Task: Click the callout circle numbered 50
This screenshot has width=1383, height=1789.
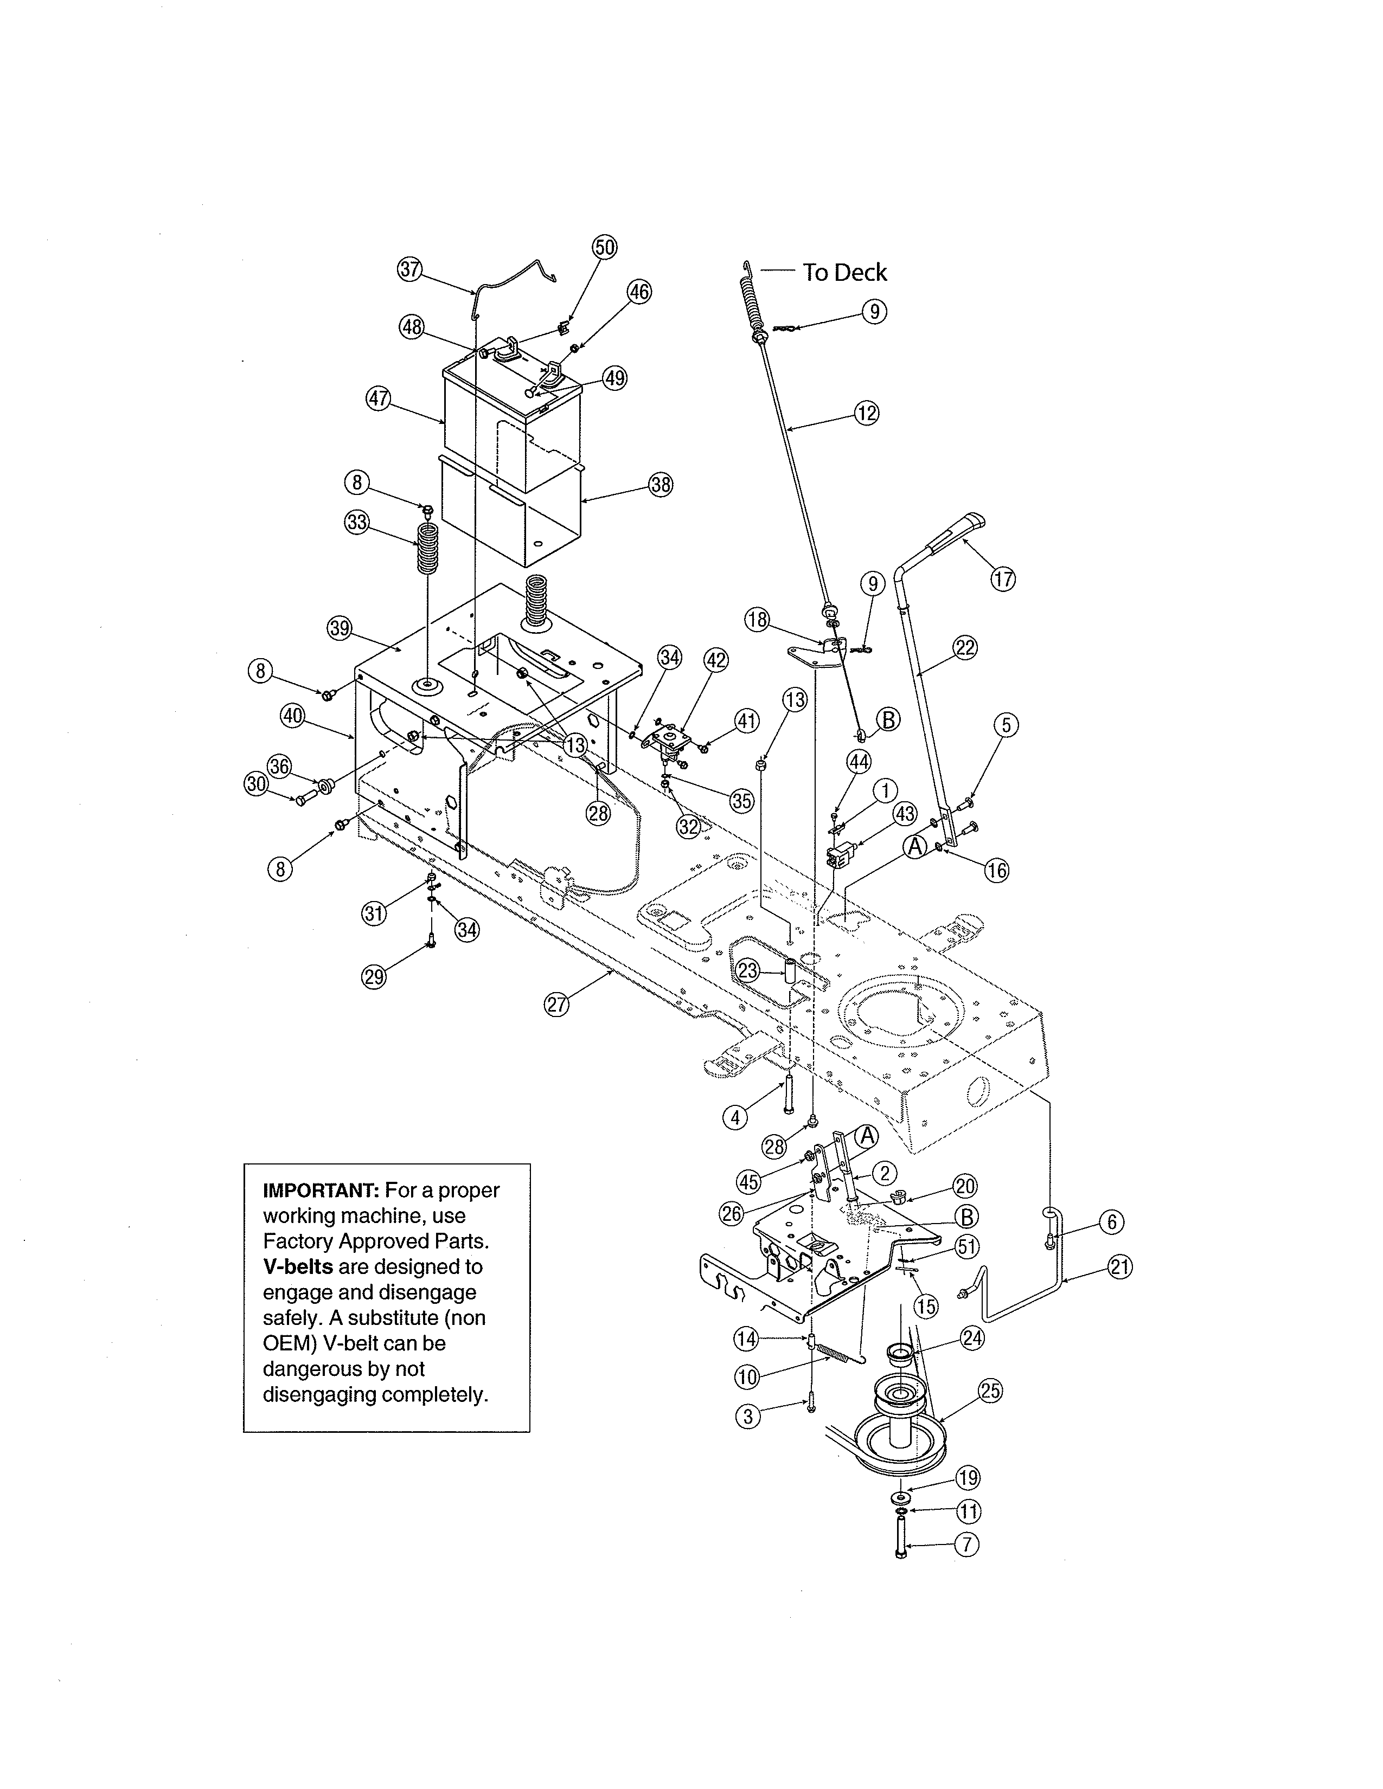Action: coord(605,247)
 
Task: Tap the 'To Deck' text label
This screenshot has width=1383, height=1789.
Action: coord(844,273)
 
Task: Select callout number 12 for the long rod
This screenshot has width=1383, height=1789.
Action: coord(867,413)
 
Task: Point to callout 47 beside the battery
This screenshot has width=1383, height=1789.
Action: coord(377,400)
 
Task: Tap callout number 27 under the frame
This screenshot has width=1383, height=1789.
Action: coord(557,1004)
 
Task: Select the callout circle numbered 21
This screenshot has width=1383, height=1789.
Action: coord(1119,1267)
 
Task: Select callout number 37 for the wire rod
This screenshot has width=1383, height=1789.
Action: coord(409,269)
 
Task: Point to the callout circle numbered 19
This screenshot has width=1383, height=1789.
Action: coord(969,1478)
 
